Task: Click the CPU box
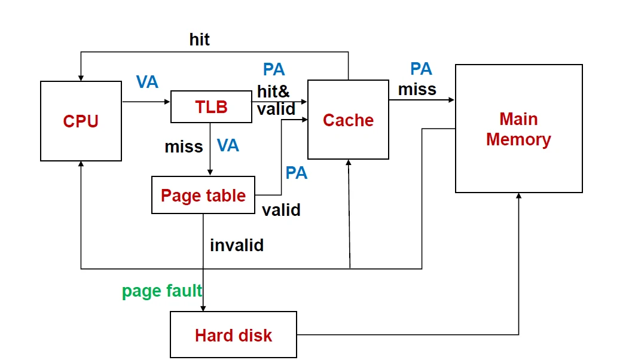[x=81, y=121]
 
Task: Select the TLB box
[x=211, y=107]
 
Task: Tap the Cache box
[x=348, y=120]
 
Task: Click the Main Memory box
[x=518, y=129]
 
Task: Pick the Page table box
[x=203, y=195]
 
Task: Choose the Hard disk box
[x=233, y=335]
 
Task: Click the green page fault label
[x=162, y=291]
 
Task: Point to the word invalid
[x=237, y=245]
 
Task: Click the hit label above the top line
[x=200, y=40]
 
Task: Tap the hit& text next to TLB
[x=273, y=91]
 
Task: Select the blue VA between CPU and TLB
[x=147, y=82]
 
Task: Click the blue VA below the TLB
[x=228, y=145]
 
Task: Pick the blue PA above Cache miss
[x=421, y=69]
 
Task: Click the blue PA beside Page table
[x=296, y=173]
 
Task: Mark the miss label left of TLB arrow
[x=184, y=147]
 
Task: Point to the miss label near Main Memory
[x=417, y=89]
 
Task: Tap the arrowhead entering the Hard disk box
[x=203, y=308]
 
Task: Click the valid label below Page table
[x=281, y=210]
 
